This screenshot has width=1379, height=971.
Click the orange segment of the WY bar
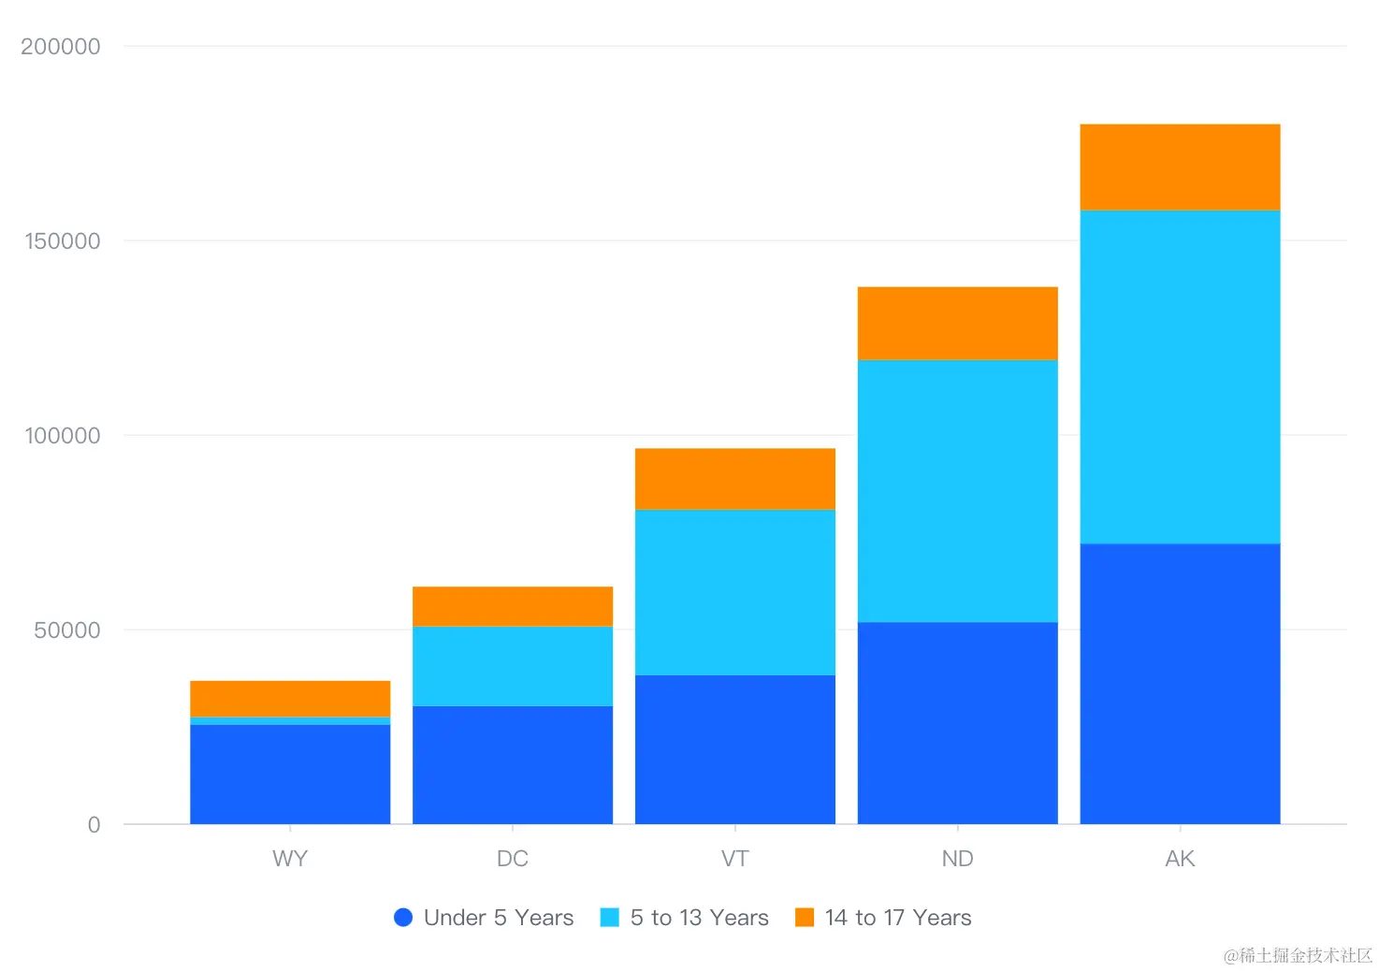(290, 698)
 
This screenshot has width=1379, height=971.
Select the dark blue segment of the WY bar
(290, 774)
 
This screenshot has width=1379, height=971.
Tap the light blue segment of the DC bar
(513, 666)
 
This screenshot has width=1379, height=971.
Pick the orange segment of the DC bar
(513, 606)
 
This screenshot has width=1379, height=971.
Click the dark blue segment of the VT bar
(735, 749)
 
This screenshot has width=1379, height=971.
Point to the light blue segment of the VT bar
(735, 592)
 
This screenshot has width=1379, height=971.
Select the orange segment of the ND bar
(957, 323)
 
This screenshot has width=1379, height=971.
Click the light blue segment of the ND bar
(957, 491)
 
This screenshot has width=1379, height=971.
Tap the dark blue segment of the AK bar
(1180, 684)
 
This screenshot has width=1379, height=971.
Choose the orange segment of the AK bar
(1180, 167)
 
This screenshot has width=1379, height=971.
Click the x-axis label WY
(290, 859)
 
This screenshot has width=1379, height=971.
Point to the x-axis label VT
(735, 859)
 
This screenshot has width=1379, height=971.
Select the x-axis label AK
(1180, 859)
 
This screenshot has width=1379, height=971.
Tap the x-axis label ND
(957, 859)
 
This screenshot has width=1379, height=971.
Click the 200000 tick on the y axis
(61, 47)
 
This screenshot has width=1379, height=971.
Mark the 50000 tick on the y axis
(67, 630)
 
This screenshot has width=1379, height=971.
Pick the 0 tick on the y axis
(94, 825)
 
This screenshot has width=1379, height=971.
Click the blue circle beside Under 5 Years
(403, 918)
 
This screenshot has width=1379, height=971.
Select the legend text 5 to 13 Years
(699, 918)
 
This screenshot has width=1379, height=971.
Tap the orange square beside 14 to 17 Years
(805, 918)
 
